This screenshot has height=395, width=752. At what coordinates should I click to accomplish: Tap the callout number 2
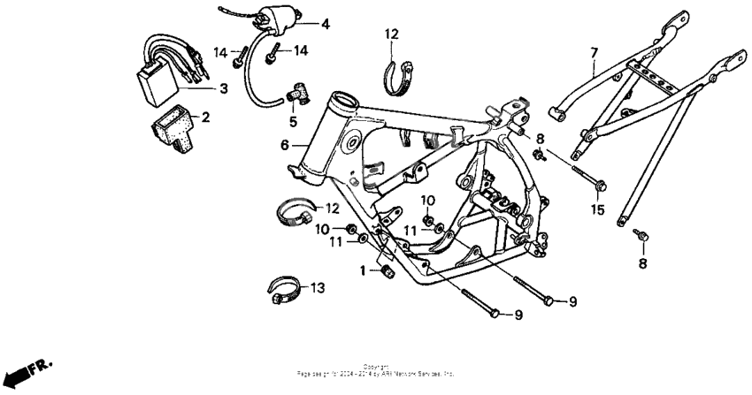tap(205, 117)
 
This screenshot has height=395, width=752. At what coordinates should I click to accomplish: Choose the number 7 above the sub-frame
tap(595, 55)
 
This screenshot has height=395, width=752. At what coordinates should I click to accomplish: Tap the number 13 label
tap(318, 287)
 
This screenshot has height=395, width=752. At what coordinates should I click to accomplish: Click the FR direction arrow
tap(27, 368)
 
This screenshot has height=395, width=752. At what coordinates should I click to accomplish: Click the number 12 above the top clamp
tap(391, 35)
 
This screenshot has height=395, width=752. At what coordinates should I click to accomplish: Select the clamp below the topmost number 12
tap(395, 75)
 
